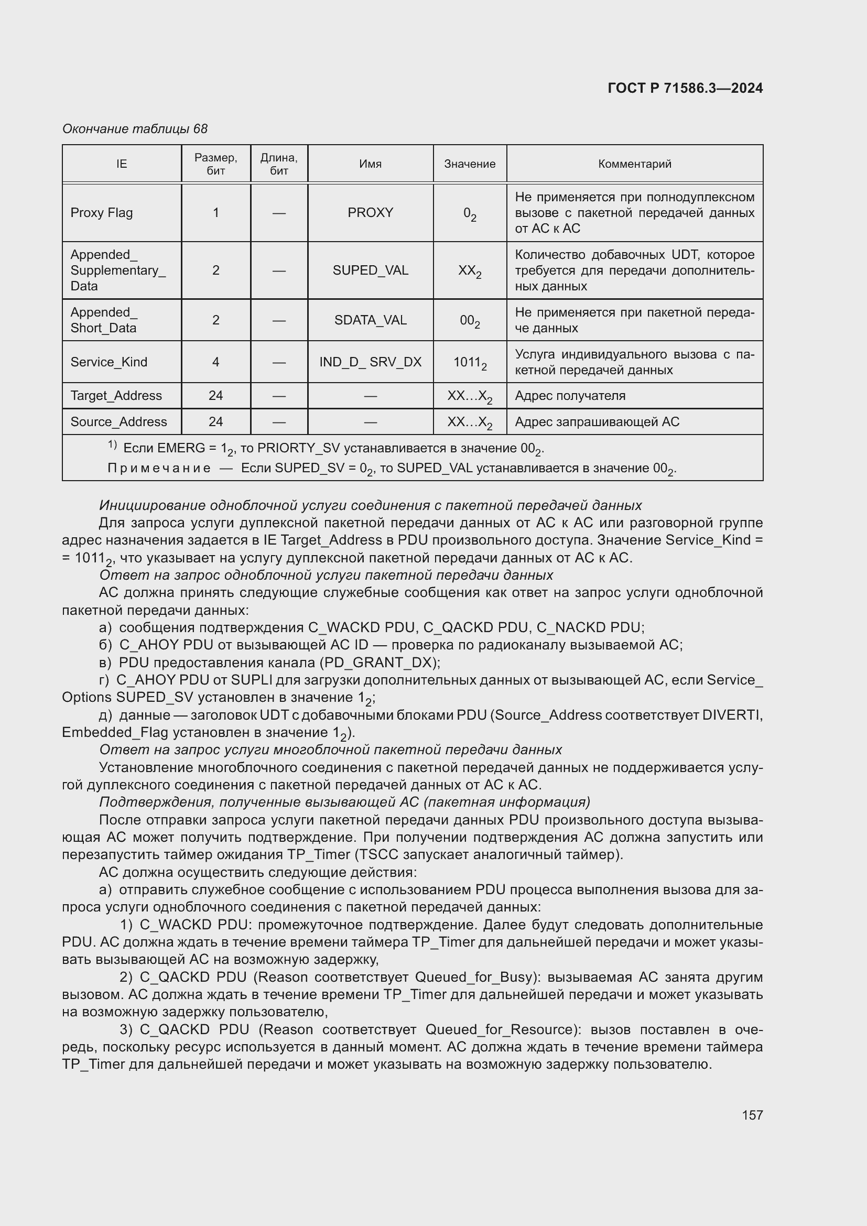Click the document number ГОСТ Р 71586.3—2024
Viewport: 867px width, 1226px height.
(685, 88)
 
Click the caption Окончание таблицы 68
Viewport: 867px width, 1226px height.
(135, 129)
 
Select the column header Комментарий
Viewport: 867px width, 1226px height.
(634, 164)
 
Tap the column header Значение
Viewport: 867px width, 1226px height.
(469, 164)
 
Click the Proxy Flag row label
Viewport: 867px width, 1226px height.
(102, 212)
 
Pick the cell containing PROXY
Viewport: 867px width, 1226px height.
(370, 212)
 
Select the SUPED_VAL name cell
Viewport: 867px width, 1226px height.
(370, 270)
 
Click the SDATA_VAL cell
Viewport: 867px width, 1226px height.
(370, 320)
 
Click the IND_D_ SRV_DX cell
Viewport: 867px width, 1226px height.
(370, 362)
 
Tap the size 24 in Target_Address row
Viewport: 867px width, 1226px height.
(215, 396)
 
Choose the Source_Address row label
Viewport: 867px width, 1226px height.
(118, 422)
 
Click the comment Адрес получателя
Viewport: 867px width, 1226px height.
(570, 396)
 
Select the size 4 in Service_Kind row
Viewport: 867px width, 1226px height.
(215, 362)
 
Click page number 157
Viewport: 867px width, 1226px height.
(752, 1115)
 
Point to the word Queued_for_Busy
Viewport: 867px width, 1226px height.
(474, 977)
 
